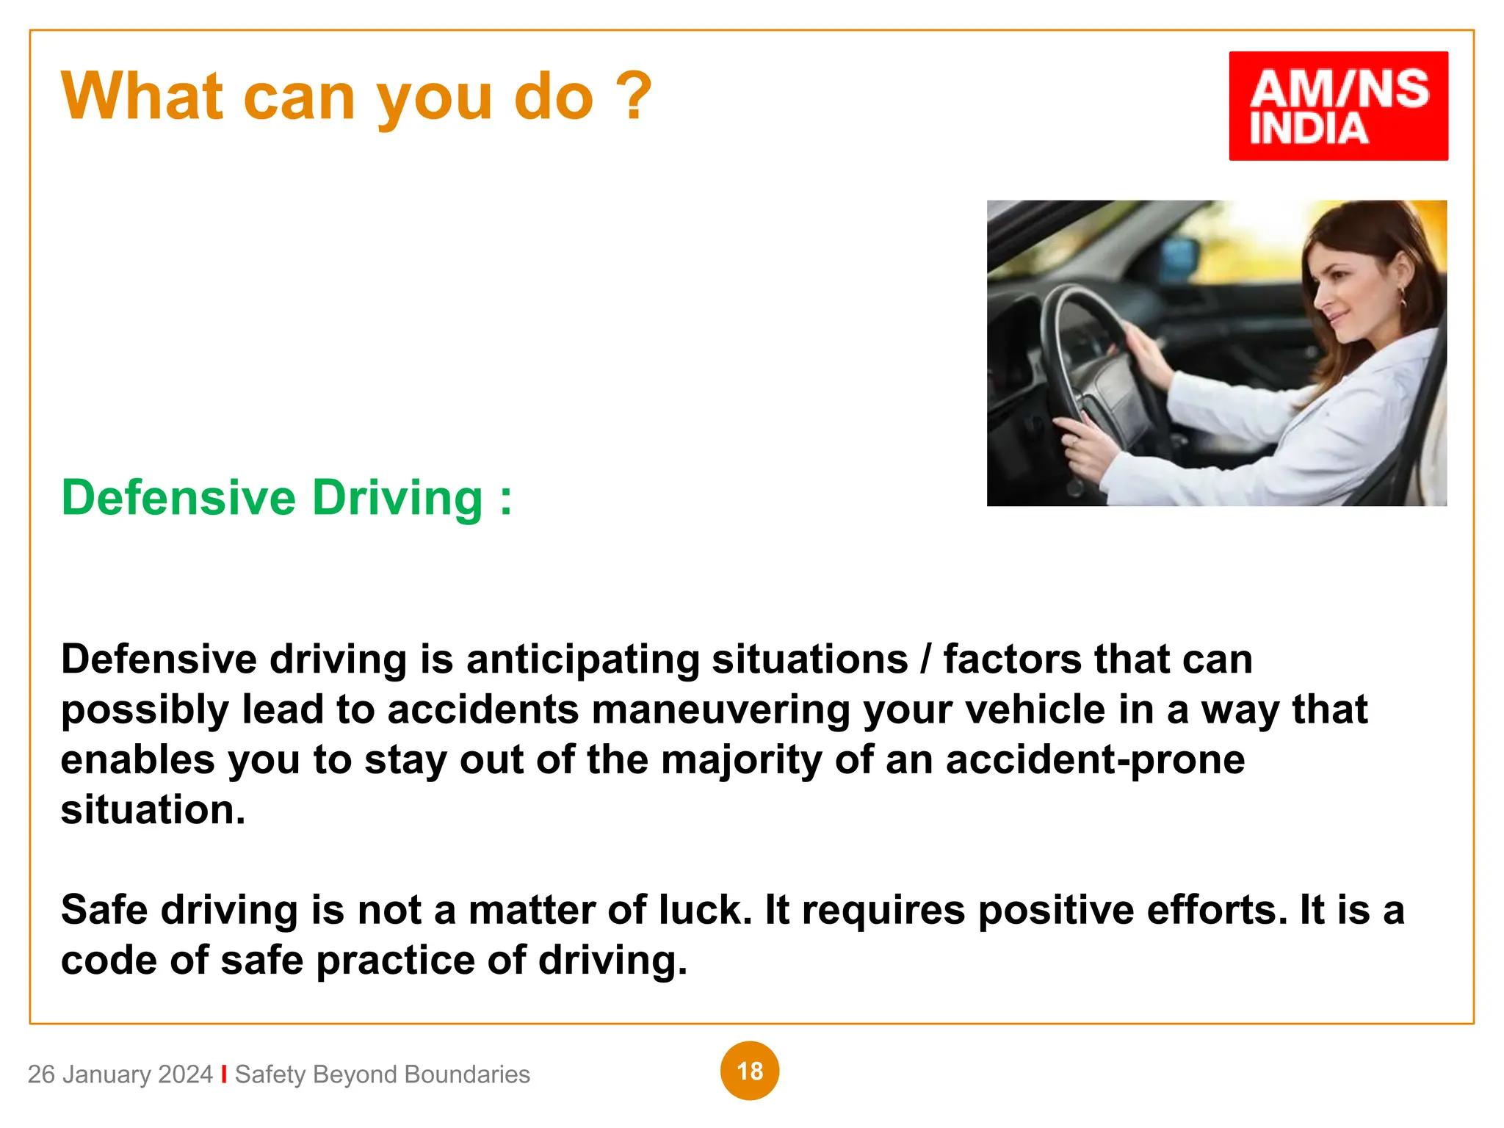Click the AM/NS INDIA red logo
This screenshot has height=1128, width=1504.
1338,106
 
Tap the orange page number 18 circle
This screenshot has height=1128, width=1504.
749,1071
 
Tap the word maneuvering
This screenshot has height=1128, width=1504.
720,710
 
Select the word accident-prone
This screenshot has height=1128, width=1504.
1095,760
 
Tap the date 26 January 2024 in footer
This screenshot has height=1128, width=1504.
120,1074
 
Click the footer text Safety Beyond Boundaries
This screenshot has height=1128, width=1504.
382,1074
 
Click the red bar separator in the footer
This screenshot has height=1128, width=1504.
224,1074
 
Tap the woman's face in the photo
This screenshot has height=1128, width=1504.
1344,294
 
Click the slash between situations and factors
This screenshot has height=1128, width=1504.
925,659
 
